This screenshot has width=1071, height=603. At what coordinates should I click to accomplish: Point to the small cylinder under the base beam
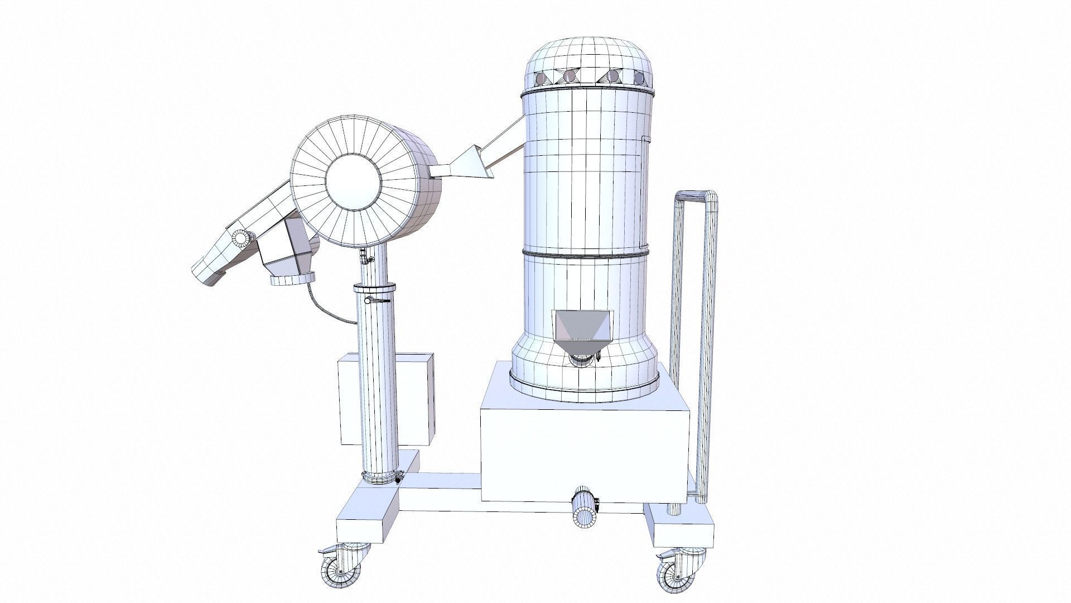(x=584, y=509)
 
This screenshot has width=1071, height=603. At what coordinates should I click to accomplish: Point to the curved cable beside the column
(x=324, y=306)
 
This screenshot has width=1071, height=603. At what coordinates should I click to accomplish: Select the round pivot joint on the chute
(x=240, y=238)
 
